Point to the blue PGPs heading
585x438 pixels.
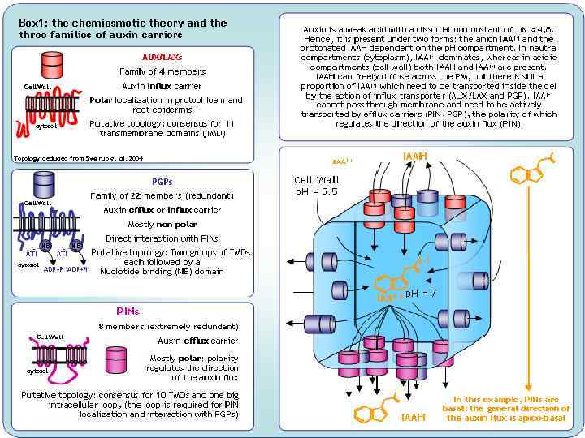(162, 182)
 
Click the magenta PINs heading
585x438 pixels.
(128, 311)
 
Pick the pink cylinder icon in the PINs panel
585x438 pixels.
(117, 358)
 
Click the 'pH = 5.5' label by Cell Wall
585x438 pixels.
(315, 192)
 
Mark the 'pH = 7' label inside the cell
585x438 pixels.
(422, 292)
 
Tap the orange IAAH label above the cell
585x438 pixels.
(414, 155)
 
